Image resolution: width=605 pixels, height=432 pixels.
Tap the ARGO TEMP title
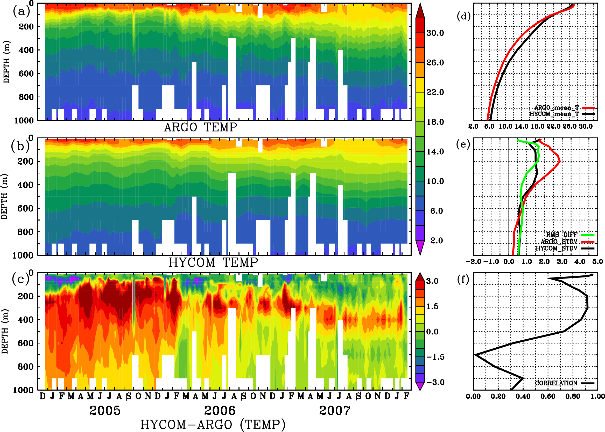pos(200,127)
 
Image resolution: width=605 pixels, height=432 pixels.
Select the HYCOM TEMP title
pos(213,262)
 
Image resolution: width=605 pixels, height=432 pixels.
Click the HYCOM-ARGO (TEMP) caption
pos(213,424)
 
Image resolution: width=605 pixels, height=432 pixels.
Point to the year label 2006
pos(220,411)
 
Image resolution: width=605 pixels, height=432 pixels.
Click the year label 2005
pos(105,411)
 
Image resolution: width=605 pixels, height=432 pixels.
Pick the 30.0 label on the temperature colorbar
pos(435,33)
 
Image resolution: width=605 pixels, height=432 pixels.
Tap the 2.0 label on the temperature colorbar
pos(436,240)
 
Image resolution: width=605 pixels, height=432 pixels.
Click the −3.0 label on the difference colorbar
pos(435,382)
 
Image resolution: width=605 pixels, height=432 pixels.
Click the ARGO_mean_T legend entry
pos(556,108)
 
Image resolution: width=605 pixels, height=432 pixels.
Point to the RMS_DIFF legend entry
pos(561,235)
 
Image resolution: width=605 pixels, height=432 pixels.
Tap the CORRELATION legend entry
pos(556,383)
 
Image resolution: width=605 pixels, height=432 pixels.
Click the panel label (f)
pos(463,280)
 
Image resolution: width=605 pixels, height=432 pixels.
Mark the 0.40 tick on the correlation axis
pos(523,397)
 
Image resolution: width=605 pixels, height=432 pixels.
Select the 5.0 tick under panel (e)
pos(597,262)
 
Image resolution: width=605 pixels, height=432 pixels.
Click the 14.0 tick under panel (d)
pos(521,126)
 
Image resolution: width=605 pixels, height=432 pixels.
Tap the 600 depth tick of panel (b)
pos(26,208)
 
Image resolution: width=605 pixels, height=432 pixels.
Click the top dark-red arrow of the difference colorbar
pos(420,277)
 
